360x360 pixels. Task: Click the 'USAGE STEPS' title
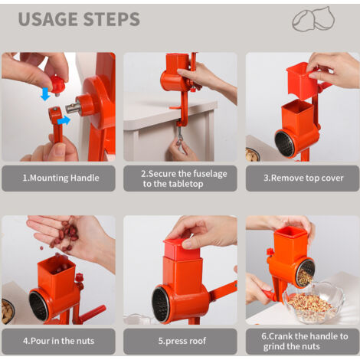tap(78, 19)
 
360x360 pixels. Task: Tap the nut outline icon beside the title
tap(314, 19)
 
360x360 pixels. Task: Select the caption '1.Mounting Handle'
tap(58, 178)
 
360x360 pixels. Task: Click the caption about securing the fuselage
tap(180, 178)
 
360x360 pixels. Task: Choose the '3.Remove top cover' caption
tap(303, 178)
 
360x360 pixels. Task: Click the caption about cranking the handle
tap(303, 341)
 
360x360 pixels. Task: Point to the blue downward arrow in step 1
tap(45, 94)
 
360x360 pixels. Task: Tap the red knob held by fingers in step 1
tap(57, 83)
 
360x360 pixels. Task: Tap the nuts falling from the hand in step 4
tap(66, 233)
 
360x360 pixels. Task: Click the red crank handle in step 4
tap(90, 313)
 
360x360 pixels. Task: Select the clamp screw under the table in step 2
tap(178, 136)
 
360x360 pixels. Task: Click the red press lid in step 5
tap(181, 247)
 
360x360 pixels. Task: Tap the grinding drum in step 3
tap(285, 143)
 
